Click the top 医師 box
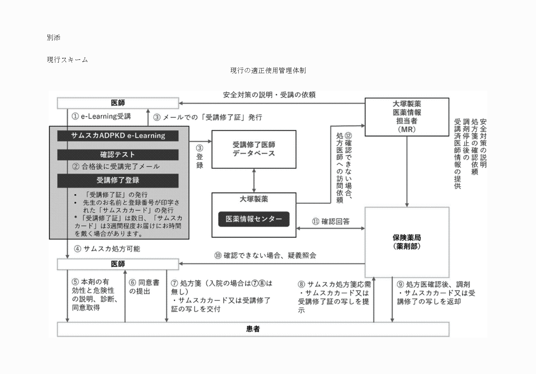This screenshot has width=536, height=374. [x=118, y=103]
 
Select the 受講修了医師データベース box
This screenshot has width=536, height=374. [x=254, y=149]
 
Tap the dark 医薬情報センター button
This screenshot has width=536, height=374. [x=254, y=219]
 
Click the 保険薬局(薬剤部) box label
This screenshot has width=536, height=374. [x=407, y=242]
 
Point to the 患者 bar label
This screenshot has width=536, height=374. [x=253, y=329]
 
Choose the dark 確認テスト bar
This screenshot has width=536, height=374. [x=118, y=155]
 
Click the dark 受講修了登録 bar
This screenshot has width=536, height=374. [x=118, y=180]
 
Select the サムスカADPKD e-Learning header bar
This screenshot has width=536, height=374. [x=118, y=136]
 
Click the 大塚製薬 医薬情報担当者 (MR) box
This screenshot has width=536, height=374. [x=407, y=117]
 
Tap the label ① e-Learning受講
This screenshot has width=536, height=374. [x=101, y=117]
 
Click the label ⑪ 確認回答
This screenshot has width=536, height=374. [x=331, y=222]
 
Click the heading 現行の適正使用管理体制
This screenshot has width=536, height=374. [x=268, y=70]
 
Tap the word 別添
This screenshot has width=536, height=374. [x=53, y=38]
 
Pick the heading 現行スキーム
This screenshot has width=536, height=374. [x=67, y=60]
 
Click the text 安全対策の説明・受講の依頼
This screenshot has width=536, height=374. [x=269, y=95]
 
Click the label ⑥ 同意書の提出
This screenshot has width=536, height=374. [x=144, y=287]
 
